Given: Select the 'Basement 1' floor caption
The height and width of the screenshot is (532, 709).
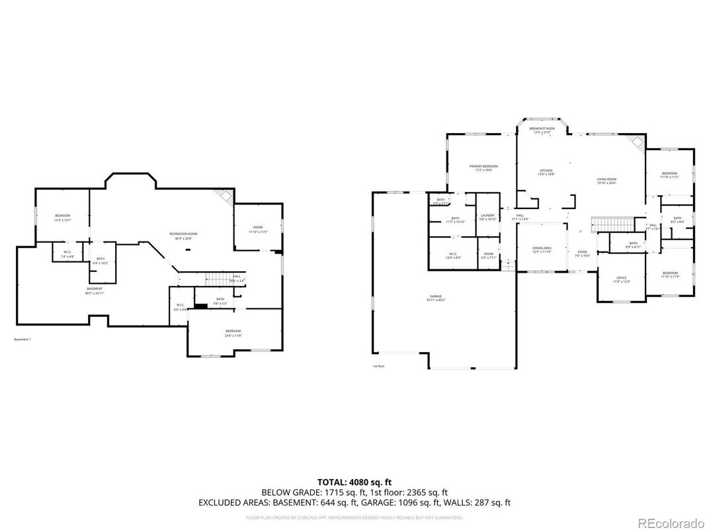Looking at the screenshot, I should tap(22, 340).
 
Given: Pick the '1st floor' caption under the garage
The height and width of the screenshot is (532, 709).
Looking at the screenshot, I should tap(378, 366).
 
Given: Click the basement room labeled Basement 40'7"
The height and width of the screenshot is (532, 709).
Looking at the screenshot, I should tap(95, 290).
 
